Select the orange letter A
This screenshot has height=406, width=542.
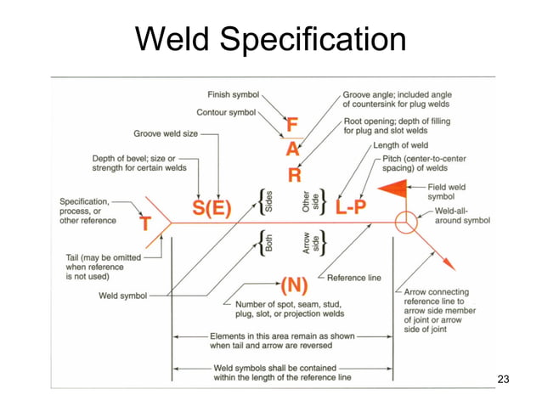pos(292,150)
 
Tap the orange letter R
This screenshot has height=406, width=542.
pos(294,175)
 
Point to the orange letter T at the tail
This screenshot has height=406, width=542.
pos(145,223)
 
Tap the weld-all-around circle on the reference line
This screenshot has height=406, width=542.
pos(405,223)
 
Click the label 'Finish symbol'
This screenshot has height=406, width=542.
pos(234,93)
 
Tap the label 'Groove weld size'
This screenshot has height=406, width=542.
pos(167,133)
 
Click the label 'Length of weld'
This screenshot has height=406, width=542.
pos(403,146)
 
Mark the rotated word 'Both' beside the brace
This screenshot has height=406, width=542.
pos(268,244)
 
